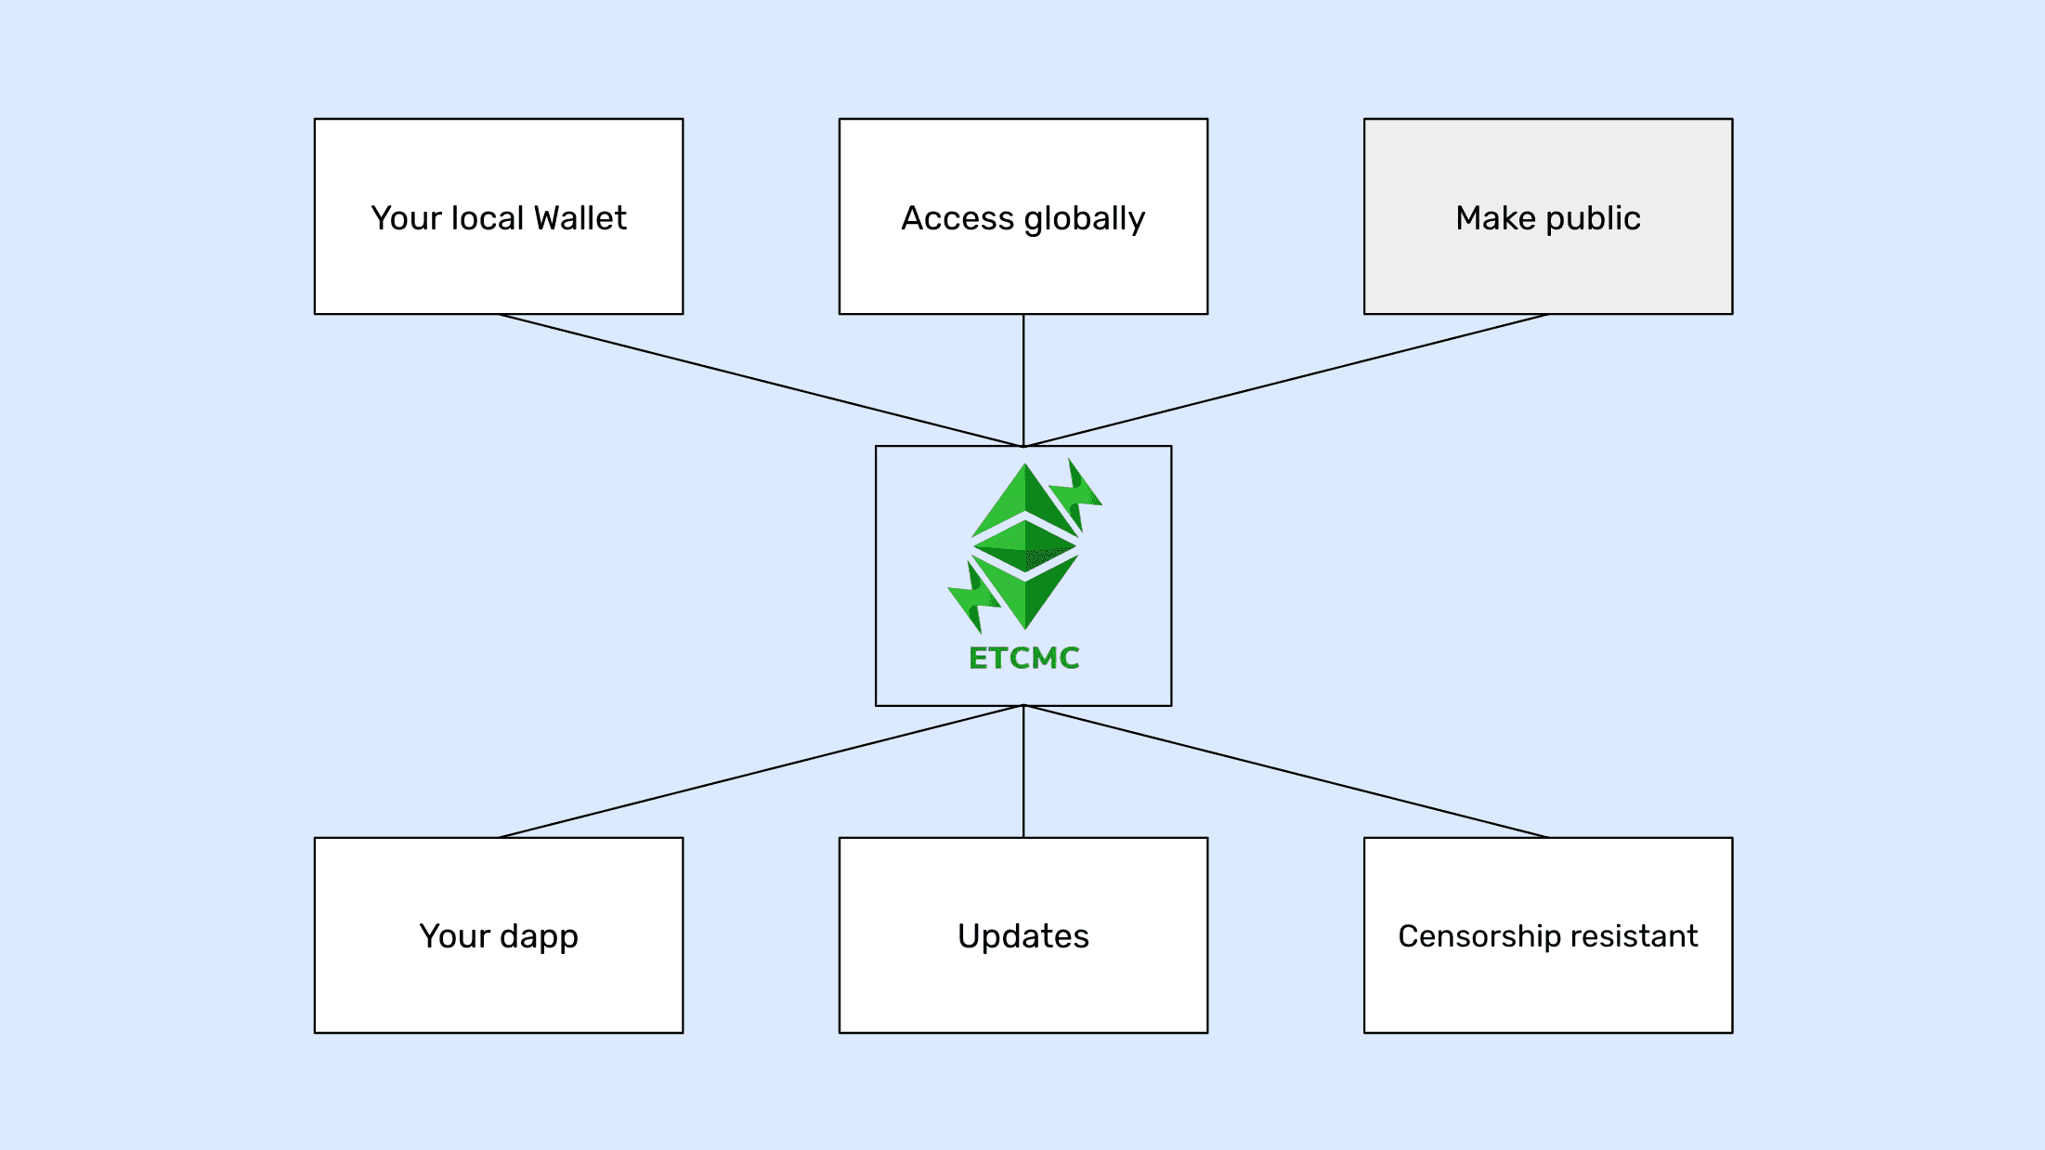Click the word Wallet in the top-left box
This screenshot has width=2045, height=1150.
pos(580,218)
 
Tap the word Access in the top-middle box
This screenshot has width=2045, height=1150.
pos(957,218)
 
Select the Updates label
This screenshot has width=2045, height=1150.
pos(1023,936)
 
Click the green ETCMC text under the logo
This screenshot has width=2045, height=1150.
pos(1023,658)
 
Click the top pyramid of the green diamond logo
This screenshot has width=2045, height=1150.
pos(1024,497)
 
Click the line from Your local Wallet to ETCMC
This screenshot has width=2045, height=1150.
pos(762,381)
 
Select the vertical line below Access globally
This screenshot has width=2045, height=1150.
pos(1023,380)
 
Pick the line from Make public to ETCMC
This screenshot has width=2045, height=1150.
pos(1286,381)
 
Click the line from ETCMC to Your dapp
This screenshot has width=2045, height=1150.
pos(762,771)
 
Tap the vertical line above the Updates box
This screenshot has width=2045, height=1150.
pos(1023,771)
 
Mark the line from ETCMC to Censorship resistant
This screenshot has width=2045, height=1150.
pos(1286,771)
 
